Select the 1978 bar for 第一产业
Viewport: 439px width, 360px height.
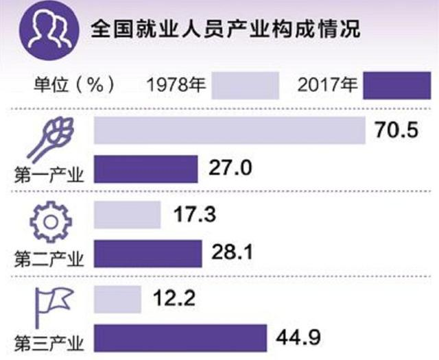coord(229,130)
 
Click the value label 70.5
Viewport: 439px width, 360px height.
coord(397,130)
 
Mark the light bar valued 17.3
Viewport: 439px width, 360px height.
coord(126,216)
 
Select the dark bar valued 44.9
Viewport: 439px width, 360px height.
coord(179,338)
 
